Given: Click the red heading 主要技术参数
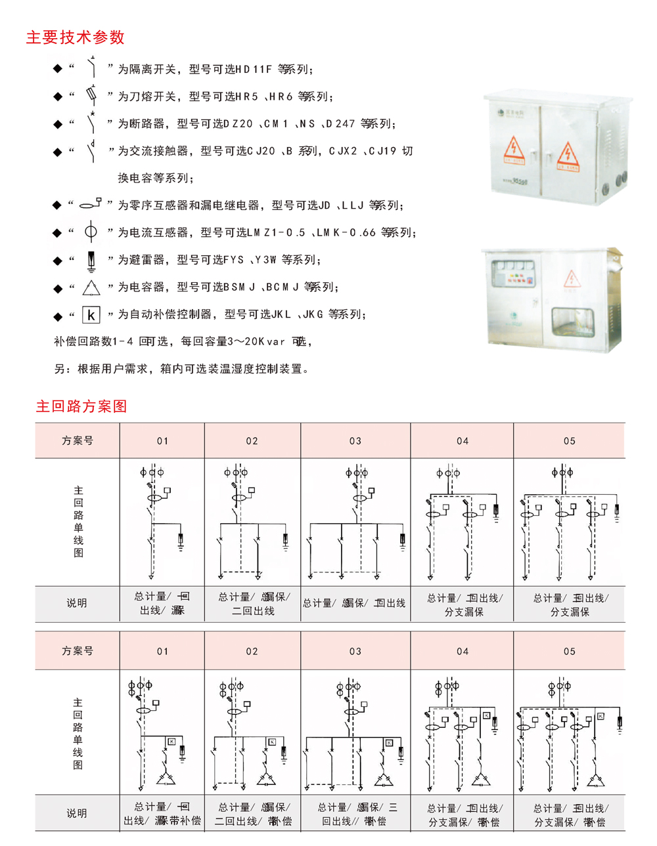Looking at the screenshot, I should (x=75, y=37).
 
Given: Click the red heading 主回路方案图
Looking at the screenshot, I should (x=81, y=406).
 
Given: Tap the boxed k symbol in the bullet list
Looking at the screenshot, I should (x=91, y=315).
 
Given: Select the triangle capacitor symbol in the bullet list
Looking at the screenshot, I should (x=91, y=287).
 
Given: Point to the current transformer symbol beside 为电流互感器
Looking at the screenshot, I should (x=91, y=232).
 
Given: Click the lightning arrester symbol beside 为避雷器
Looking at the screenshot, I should (x=91, y=261).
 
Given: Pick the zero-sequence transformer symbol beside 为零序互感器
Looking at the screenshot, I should (x=91, y=204).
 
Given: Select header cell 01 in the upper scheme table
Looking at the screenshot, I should (x=162, y=441).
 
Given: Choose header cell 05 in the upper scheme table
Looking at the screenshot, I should (x=569, y=441).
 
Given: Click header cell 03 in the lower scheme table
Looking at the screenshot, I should (x=355, y=652).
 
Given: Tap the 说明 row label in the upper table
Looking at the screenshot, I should (x=77, y=603).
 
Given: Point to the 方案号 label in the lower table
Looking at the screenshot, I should (x=77, y=651).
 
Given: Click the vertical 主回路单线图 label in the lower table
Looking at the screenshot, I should (x=78, y=733).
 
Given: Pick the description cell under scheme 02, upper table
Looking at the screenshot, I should (x=253, y=604).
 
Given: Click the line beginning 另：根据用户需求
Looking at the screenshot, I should (x=181, y=369).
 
